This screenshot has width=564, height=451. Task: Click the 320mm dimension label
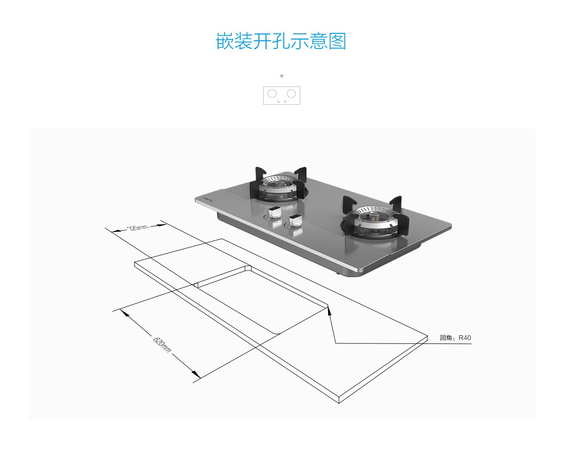(138, 228)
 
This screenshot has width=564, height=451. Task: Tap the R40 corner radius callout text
(455, 338)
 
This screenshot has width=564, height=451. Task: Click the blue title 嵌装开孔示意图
(281, 41)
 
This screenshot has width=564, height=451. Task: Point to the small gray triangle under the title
(282, 76)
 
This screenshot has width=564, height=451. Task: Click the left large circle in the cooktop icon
(272, 93)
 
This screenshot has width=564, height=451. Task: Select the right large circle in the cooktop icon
(291, 93)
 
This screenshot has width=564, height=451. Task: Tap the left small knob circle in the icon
(278, 101)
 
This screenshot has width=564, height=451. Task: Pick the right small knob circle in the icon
(285, 101)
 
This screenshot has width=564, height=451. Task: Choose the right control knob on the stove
(296, 220)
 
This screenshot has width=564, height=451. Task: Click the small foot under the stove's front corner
(337, 272)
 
